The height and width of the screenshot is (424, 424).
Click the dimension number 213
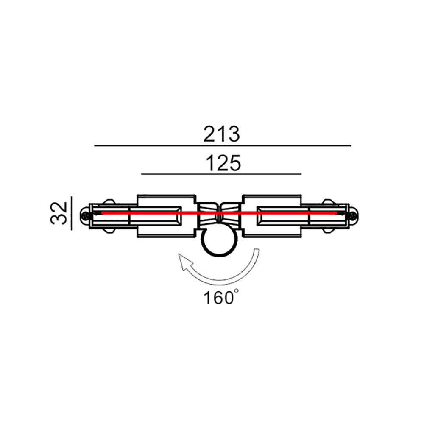coord(222,134)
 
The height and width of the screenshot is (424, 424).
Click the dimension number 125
coord(223,163)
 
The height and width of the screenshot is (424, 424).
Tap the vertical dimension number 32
coord(59,213)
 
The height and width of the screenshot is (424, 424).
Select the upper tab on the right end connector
coord(327,201)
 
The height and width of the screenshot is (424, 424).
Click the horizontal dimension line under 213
coord(222,145)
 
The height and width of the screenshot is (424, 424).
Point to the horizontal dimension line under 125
coord(220,174)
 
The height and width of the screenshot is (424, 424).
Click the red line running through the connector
coord(199,213)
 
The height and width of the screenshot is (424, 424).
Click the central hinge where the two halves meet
coord(219,213)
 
